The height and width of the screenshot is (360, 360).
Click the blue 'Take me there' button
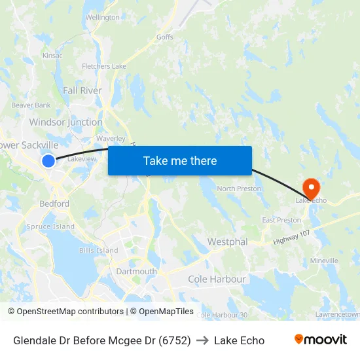tap(180, 161)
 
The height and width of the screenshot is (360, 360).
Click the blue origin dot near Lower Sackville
tap(48, 160)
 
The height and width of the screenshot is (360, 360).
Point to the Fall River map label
tap(82, 91)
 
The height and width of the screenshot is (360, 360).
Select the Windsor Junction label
tap(66, 122)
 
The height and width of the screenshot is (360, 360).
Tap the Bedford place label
tap(54, 204)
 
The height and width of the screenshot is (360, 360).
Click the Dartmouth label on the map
tap(136, 271)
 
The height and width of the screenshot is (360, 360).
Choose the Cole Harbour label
tap(217, 279)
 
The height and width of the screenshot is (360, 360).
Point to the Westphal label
tap(227, 242)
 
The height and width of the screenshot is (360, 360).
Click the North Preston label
tap(239, 189)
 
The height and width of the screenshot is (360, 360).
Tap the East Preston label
tap(281, 220)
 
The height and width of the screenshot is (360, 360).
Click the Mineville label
tap(324, 261)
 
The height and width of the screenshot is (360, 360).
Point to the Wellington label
tap(103, 18)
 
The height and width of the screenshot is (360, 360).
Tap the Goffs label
tap(165, 37)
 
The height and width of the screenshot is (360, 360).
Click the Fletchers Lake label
tap(104, 66)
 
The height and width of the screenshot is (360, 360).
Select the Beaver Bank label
tap(31, 105)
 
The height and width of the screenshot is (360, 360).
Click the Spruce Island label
tap(50, 226)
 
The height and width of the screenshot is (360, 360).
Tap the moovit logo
tap(321, 340)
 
